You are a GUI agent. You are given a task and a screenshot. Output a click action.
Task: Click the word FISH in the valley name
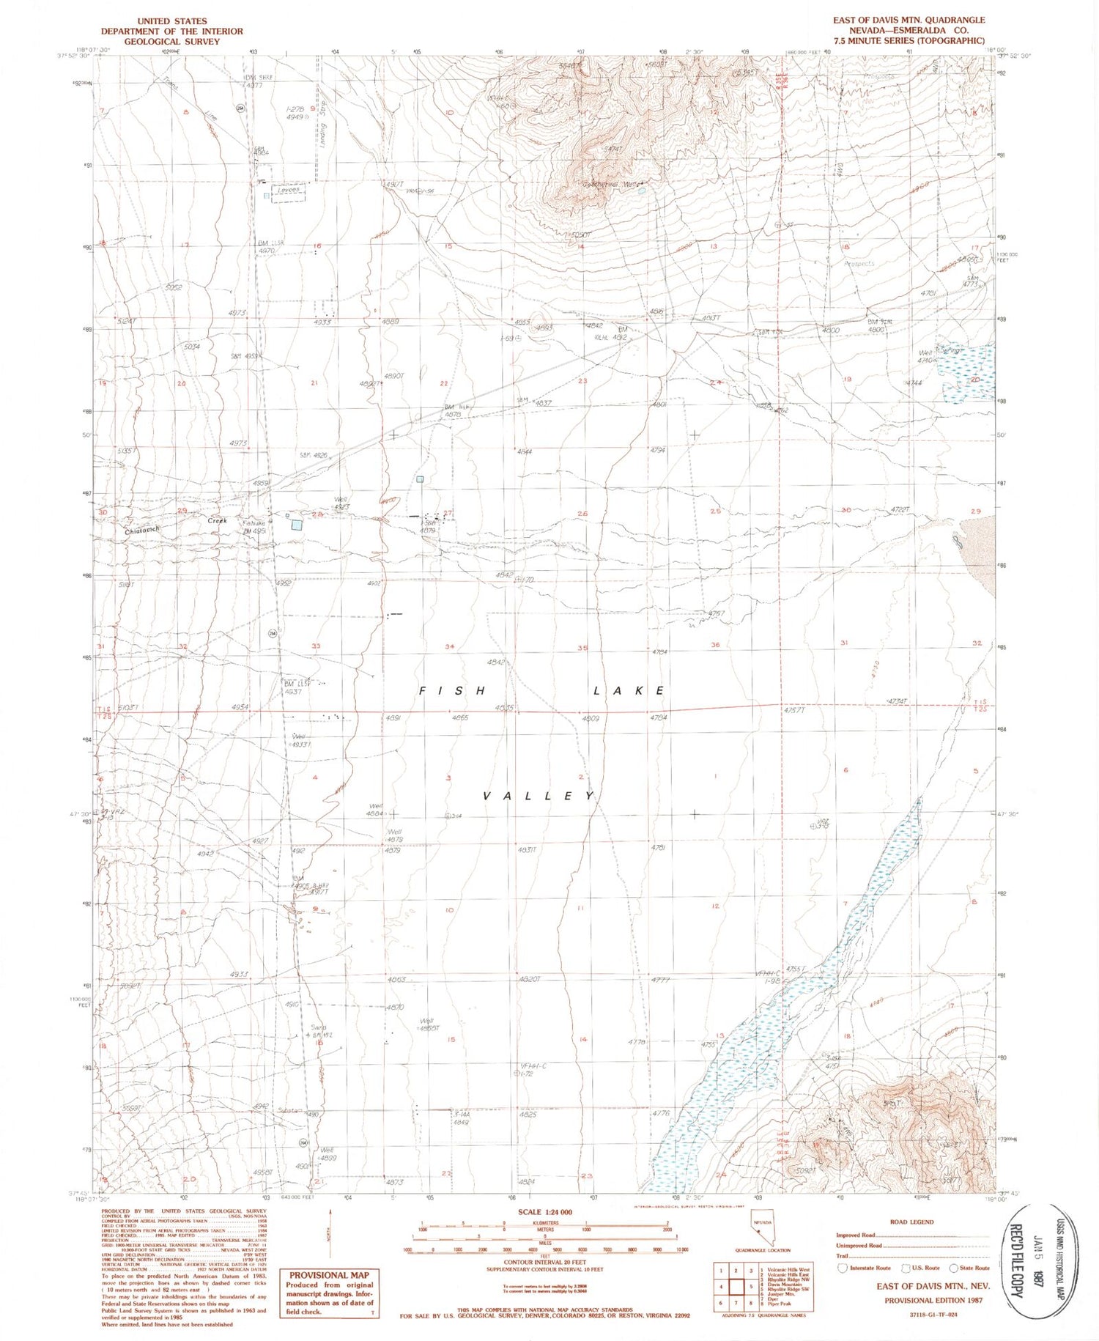[x=453, y=691]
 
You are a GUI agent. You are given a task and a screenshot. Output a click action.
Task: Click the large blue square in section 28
[x=297, y=525]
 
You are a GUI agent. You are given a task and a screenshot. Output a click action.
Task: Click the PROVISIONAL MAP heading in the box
[x=329, y=1275]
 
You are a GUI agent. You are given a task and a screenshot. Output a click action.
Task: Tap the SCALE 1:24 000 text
[x=544, y=1213]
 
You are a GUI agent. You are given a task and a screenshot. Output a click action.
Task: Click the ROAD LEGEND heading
[x=911, y=1222]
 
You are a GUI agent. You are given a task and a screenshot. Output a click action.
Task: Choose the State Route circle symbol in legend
[x=953, y=1268]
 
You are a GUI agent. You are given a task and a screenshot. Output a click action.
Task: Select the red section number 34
[x=450, y=646]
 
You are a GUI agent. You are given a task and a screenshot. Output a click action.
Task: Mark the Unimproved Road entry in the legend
[x=859, y=1245]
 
